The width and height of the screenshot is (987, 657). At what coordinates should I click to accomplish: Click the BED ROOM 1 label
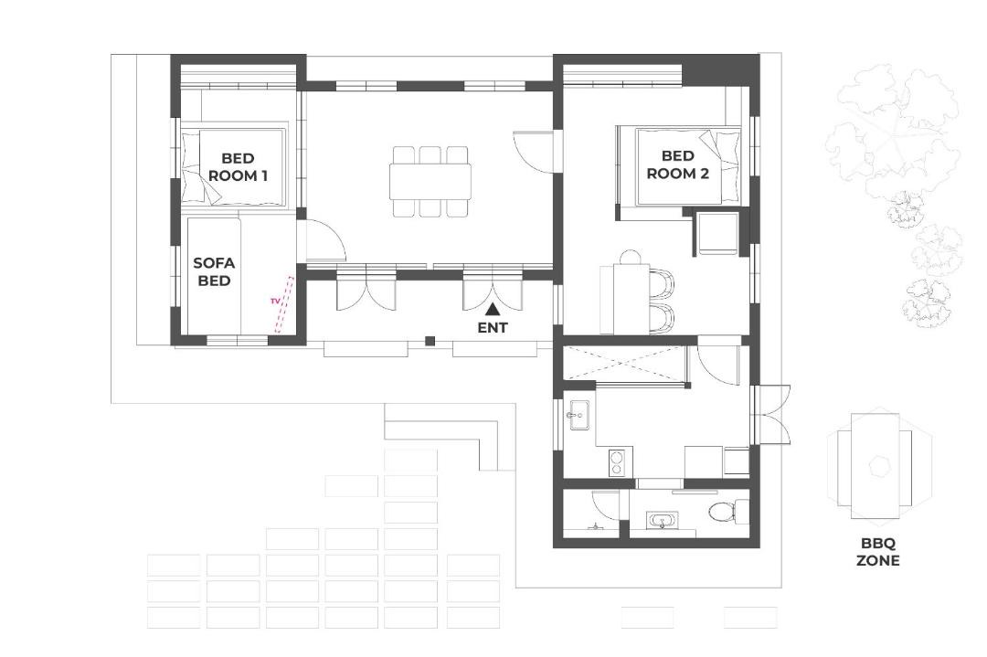click(238, 167)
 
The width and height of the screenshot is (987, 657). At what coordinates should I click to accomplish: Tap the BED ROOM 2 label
click(678, 164)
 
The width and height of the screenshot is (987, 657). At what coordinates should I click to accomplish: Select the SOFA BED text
click(214, 272)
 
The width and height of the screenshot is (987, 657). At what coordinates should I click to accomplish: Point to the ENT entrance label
click(493, 328)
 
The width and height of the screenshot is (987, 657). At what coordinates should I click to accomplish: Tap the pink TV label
click(274, 302)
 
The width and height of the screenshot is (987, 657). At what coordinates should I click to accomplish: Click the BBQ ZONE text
click(877, 552)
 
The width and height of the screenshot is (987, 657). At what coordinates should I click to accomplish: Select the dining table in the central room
click(430, 181)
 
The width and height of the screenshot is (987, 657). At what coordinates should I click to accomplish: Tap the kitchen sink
click(578, 416)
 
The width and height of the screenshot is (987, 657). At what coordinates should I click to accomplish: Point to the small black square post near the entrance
click(430, 341)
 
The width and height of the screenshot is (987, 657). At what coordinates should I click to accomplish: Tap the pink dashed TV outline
click(284, 304)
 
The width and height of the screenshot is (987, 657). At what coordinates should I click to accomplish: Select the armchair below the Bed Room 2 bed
click(716, 234)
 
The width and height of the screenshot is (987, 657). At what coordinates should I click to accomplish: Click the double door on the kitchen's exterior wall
click(771, 414)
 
